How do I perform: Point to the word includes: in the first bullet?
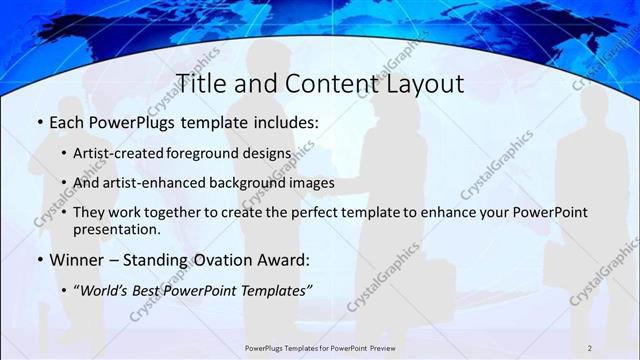(282, 125)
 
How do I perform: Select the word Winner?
(77, 260)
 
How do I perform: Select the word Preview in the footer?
(381, 346)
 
